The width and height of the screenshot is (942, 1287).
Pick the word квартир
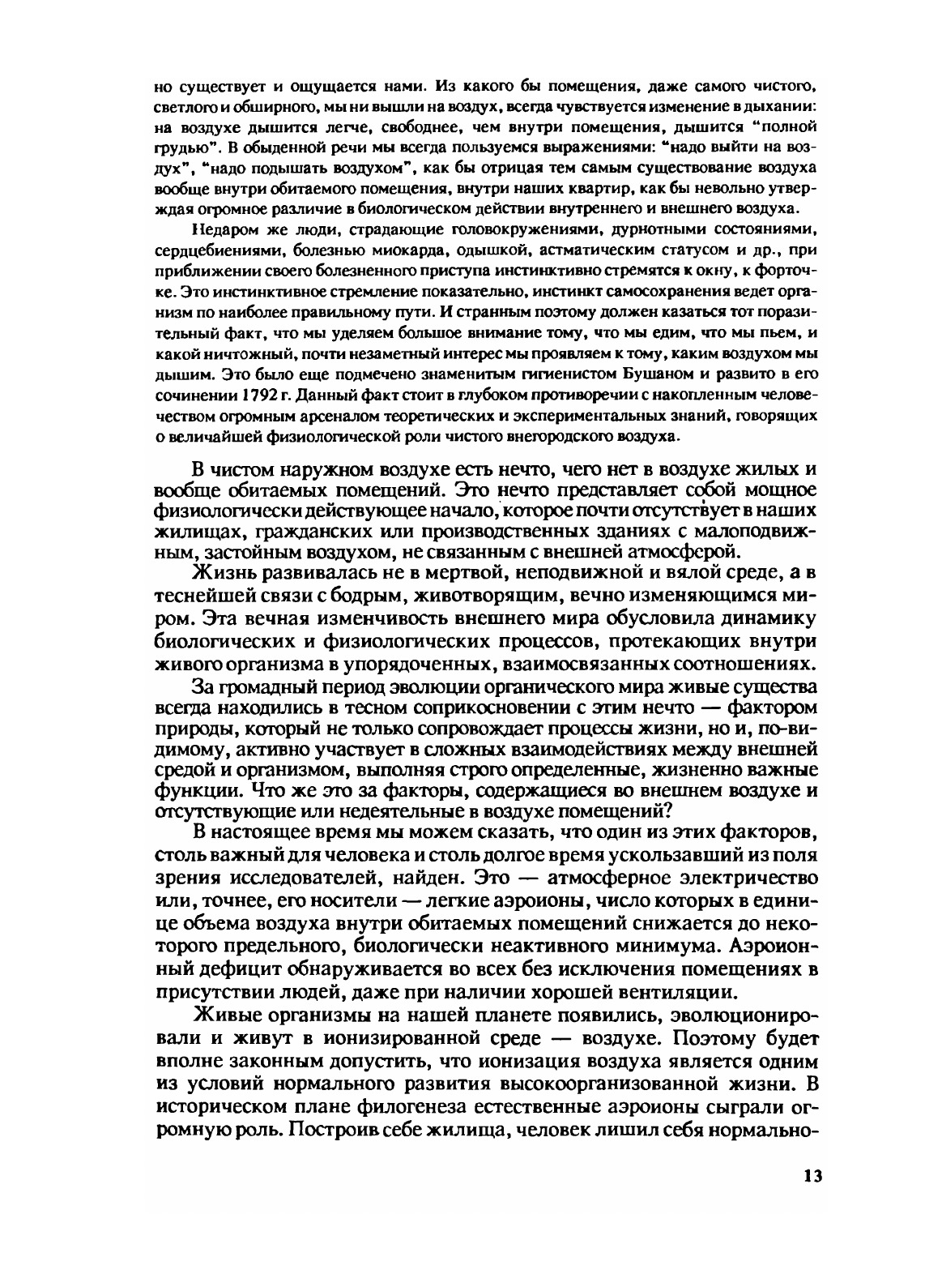599,188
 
